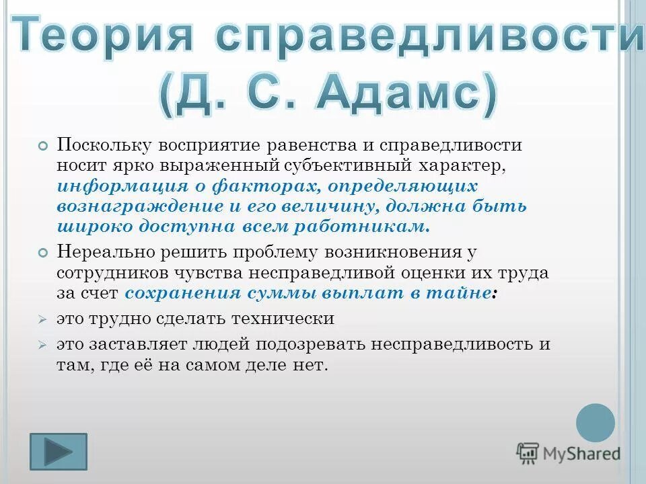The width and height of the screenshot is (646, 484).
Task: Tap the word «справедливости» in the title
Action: coord(431,36)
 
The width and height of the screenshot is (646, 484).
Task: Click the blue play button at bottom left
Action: coord(59,451)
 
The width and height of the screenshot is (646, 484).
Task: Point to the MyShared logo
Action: coord(568,453)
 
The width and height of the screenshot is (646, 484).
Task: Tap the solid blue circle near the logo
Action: coord(596,423)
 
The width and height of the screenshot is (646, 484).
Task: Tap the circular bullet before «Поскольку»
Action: coord(43,146)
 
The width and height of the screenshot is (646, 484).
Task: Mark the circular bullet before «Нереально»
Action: coord(43,252)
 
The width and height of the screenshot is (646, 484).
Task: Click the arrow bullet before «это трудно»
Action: coord(42,319)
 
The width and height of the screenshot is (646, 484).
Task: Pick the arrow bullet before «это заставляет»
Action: coord(42,344)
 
